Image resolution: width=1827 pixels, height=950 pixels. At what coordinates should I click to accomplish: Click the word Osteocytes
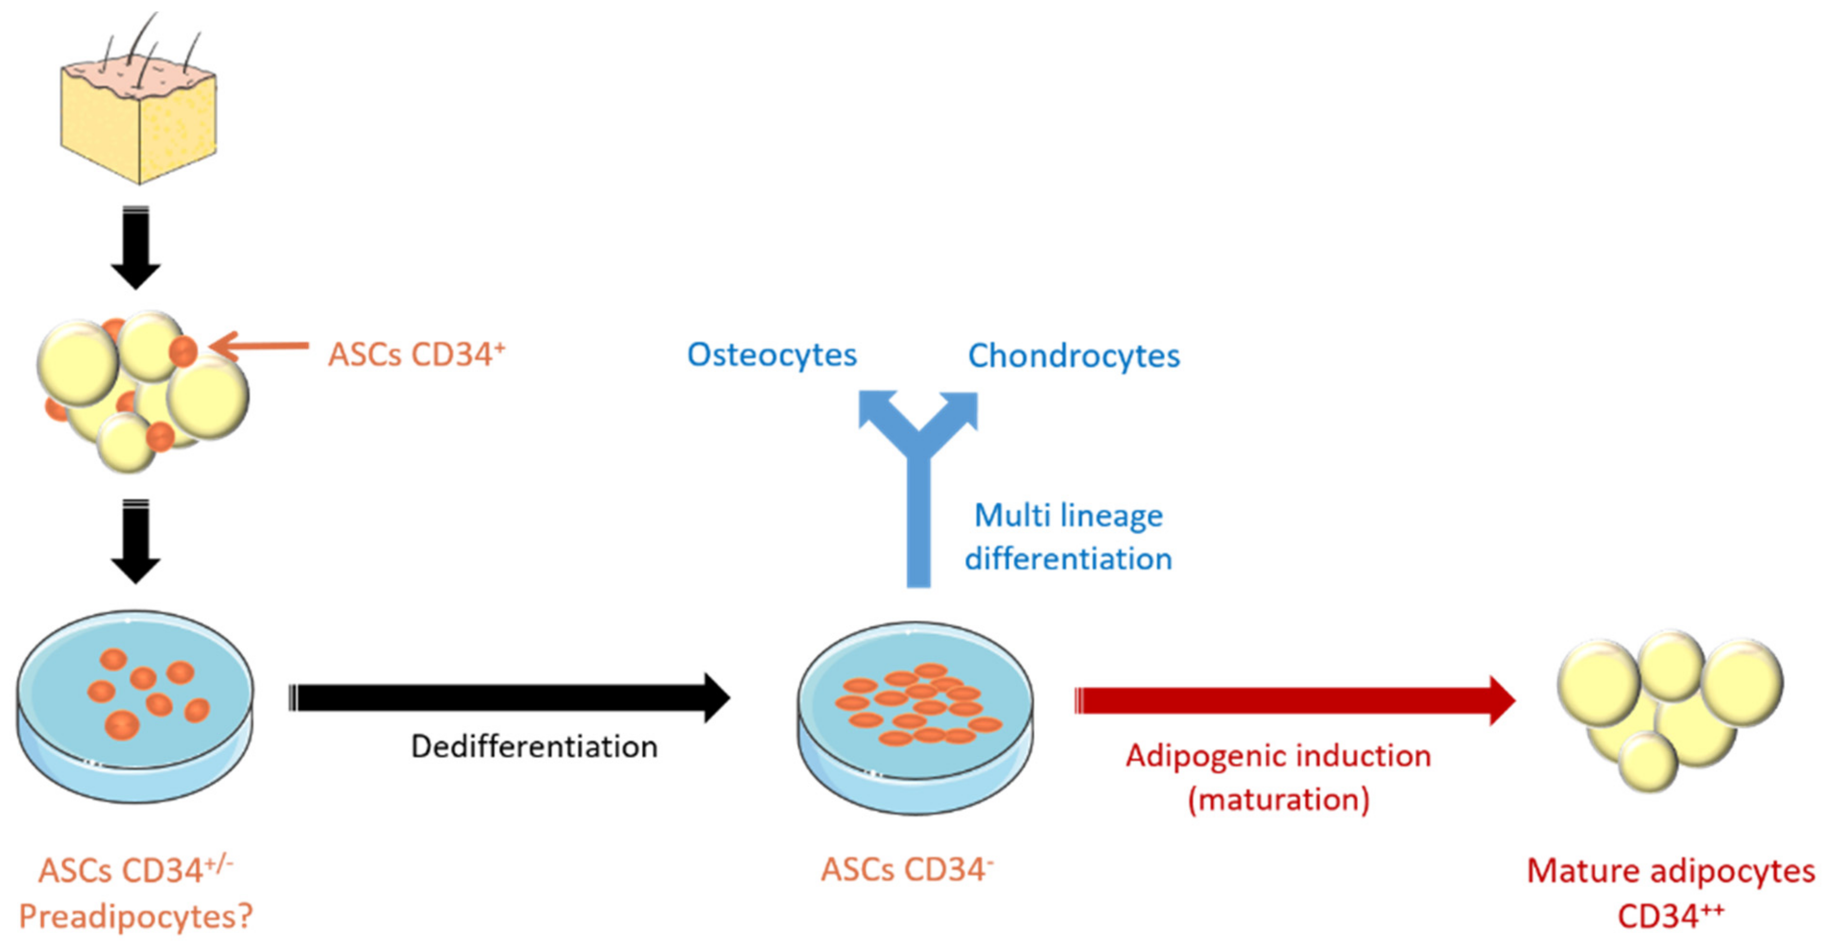click(x=771, y=355)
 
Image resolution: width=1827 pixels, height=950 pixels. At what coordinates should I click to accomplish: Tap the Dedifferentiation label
click(x=534, y=747)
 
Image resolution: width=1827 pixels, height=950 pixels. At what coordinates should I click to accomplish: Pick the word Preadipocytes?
click(x=135, y=917)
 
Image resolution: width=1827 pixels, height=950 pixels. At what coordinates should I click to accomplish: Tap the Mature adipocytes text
click(x=1670, y=871)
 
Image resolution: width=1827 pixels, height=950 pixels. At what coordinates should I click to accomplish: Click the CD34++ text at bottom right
click(x=1670, y=916)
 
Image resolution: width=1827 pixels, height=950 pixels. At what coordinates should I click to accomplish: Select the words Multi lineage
click(x=1068, y=516)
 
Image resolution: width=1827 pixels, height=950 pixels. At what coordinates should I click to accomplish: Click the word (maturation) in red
click(x=1278, y=800)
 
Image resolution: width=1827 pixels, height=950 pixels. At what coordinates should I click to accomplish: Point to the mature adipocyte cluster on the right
click(x=1670, y=710)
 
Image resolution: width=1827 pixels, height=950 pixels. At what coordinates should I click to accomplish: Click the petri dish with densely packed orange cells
click(x=915, y=717)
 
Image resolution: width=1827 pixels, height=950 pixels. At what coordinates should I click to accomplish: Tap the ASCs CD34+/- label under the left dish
click(x=135, y=870)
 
